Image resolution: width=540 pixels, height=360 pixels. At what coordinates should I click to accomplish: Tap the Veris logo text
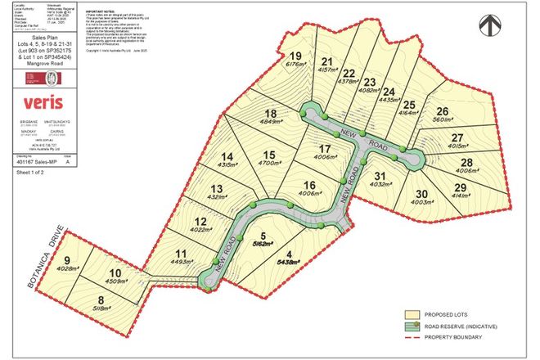point(43,103)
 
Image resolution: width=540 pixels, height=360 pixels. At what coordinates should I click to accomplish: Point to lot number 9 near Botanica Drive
point(66,261)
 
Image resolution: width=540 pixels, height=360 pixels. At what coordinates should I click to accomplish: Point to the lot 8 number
point(101,299)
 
